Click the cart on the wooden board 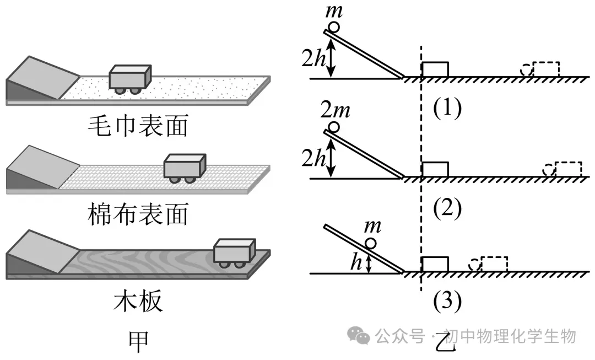pyautogui.click(x=234, y=253)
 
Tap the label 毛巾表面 pyautogui.click(x=138, y=126)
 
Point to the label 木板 pyautogui.click(x=138, y=302)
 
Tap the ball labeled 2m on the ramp pyautogui.click(x=334, y=127)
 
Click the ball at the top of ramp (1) pyautogui.click(x=334, y=27)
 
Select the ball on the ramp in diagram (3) pyautogui.click(x=371, y=243)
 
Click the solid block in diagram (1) pyautogui.click(x=435, y=69)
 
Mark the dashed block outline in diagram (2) pyautogui.click(x=568, y=169)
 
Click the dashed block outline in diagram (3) pyautogui.click(x=494, y=265)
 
